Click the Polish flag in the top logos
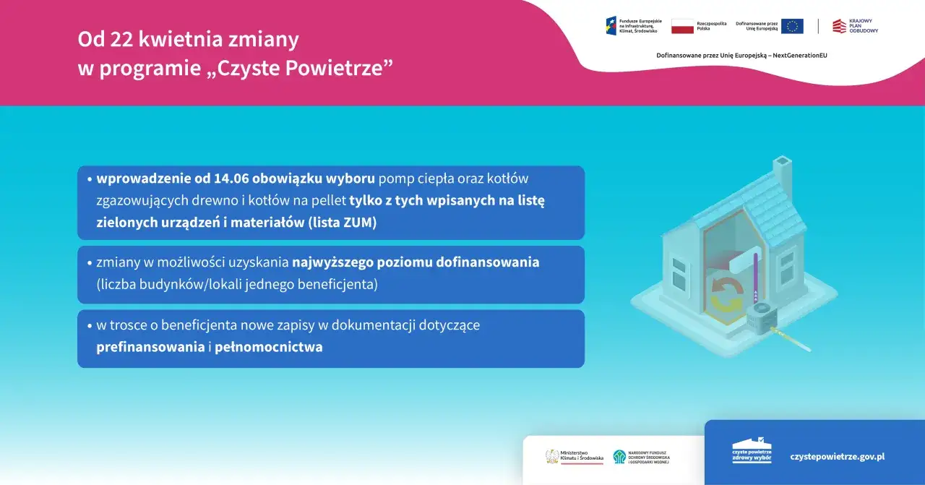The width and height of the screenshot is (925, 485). click(682, 27)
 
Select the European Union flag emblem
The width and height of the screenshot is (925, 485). click(792, 27)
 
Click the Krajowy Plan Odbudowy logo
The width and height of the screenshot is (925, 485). click(855, 26)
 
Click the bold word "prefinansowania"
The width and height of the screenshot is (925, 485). click(150, 347)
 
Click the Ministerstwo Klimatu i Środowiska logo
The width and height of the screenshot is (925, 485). click(575, 457)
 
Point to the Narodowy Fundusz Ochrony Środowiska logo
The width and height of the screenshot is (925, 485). click(642, 457)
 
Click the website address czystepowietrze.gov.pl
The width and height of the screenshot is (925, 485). click(838, 457)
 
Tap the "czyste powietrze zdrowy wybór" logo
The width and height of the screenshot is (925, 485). click(752, 452)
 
